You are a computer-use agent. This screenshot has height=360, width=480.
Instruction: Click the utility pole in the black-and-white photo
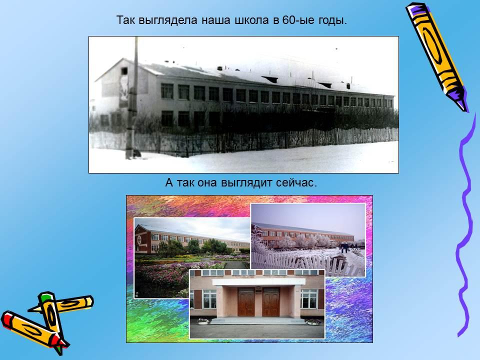click(x=132, y=98)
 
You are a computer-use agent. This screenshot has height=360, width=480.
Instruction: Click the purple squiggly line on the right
click(x=465, y=226)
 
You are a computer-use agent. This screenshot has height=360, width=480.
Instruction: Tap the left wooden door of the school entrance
click(x=246, y=302)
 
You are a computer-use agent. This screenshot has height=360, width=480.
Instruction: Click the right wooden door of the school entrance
click(x=271, y=302)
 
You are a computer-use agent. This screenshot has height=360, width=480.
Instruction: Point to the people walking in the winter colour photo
click(x=345, y=246)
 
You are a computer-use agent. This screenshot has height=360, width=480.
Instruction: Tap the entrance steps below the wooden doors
click(x=258, y=320)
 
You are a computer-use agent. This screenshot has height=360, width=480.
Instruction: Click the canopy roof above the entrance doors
click(x=259, y=282)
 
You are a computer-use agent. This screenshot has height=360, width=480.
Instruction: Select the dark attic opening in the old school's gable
click(x=124, y=71)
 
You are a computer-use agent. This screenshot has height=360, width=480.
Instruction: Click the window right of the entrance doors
click(x=309, y=299)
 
